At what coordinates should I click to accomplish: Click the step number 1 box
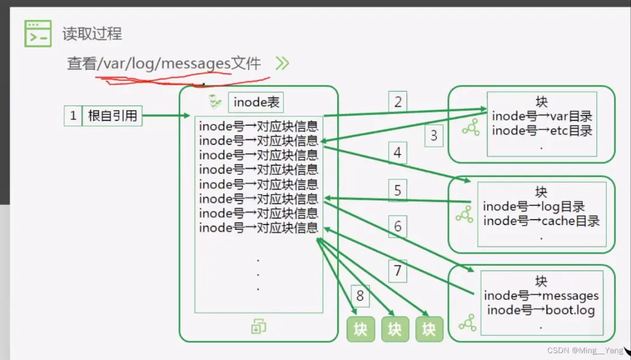(73, 116)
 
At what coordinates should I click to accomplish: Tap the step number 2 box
(398, 102)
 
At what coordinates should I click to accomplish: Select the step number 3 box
(434, 136)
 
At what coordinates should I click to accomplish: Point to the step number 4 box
(398, 153)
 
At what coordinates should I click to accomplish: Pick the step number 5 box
(398, 190)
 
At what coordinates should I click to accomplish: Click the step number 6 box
(398, 226)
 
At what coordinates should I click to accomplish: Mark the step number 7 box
(398, 271)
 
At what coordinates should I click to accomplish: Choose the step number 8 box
(360, 296)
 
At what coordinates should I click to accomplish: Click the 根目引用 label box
(112, 116)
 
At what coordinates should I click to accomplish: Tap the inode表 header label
(256, 102)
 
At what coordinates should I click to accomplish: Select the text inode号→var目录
(542, 116)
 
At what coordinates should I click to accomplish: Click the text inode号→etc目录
(542, 130)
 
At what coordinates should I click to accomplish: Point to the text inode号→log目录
(533, 206)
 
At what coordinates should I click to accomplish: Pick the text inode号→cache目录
(541, 221)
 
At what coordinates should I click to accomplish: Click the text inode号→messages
(541, 296)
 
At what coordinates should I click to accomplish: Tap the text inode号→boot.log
(540, 310)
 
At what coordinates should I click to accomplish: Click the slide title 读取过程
(92, 34)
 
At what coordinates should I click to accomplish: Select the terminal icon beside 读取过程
(38, 33)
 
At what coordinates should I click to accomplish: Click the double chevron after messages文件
(282, 63)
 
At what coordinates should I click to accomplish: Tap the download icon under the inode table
(258, 327)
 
